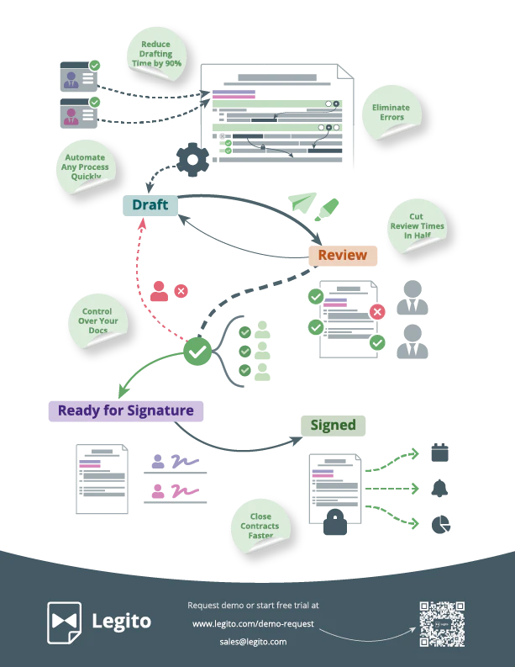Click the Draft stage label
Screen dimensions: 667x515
pyautogui.click(x=150, y=205)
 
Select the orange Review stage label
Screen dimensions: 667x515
pyautogui.click(x=343, y=255)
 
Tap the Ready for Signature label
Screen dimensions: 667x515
pyautogui.click(x=126, y=410)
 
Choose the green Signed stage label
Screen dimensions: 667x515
pyautogui.click(x=334, y=425)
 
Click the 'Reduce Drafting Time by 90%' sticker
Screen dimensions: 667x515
pyautogui.click(x=155, y=53)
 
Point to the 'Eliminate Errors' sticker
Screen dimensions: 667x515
pyautogui.click(x=392, y=112)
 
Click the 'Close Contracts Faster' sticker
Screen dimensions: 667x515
pyautogui.click(x=260, y=526)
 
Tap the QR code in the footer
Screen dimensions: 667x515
pyautogui.click(x=441, y=623)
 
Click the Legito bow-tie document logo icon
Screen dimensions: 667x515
pyautogui.click(x=64, y=622)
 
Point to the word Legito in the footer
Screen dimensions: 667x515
pyautogui.click(x=122, y=622)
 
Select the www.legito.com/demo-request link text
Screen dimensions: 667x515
pyautogui.click(x=253, y=623)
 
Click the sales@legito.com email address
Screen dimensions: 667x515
pyautogui.click(x=253, y=641)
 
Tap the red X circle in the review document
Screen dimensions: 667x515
pyautogui.click(x=377, y=313)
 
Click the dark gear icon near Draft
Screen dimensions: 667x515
pyautogui.click(x=192, y=159)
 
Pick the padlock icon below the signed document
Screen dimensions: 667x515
pyautogui.click(x=335, y=522)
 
